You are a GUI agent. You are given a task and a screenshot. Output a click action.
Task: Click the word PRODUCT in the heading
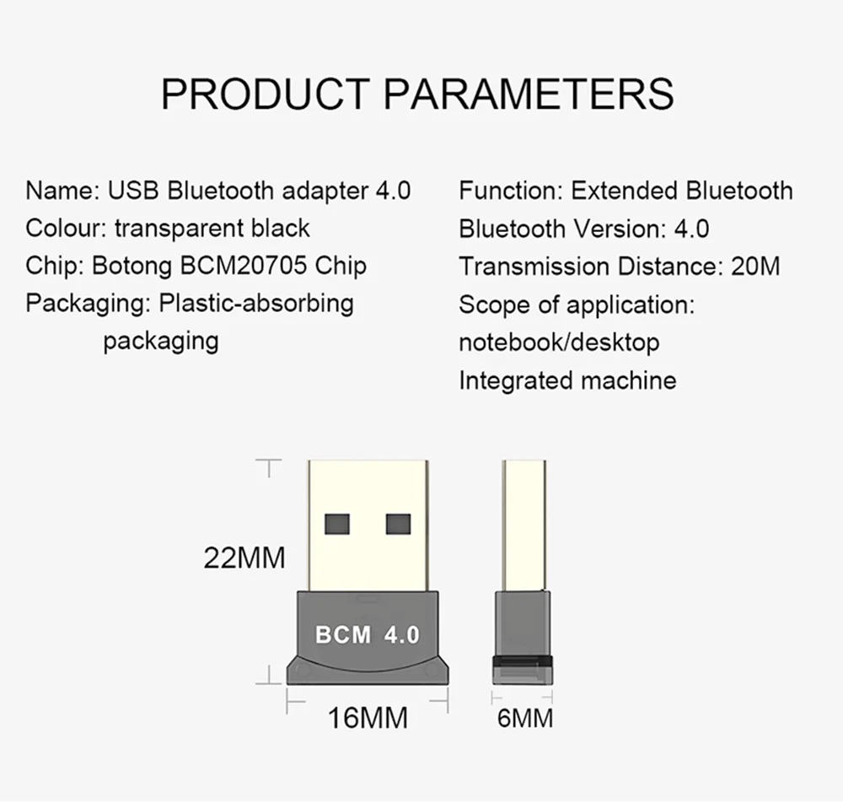pos(266,94)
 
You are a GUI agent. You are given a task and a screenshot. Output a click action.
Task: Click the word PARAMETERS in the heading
pos(529,94)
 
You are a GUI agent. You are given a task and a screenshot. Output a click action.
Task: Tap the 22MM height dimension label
pos(244,558)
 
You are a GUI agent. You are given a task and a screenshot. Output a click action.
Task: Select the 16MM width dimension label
pos(368,718)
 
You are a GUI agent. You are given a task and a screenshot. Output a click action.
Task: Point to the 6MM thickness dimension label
pos(525,719)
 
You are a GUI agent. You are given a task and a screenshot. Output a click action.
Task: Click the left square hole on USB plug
pos(337,524)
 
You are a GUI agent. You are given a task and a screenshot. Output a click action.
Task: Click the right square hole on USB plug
pos(399,524)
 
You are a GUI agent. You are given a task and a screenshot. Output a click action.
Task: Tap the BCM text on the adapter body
pos(343,635)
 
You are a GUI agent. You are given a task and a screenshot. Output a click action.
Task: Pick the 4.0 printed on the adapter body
pos(401,635)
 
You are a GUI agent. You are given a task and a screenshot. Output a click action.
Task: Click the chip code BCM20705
pos(244,266)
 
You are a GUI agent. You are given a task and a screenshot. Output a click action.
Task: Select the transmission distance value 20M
pos(754,267)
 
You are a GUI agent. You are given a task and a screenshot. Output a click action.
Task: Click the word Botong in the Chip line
pos(132,267)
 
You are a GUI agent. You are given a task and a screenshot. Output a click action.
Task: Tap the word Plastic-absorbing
pos(256,304)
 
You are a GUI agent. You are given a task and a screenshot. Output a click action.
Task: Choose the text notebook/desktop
pos(559,342)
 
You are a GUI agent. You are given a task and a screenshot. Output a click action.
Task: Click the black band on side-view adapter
pos(523,661)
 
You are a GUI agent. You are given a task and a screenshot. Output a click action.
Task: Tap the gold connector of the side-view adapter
pos(524,525)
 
